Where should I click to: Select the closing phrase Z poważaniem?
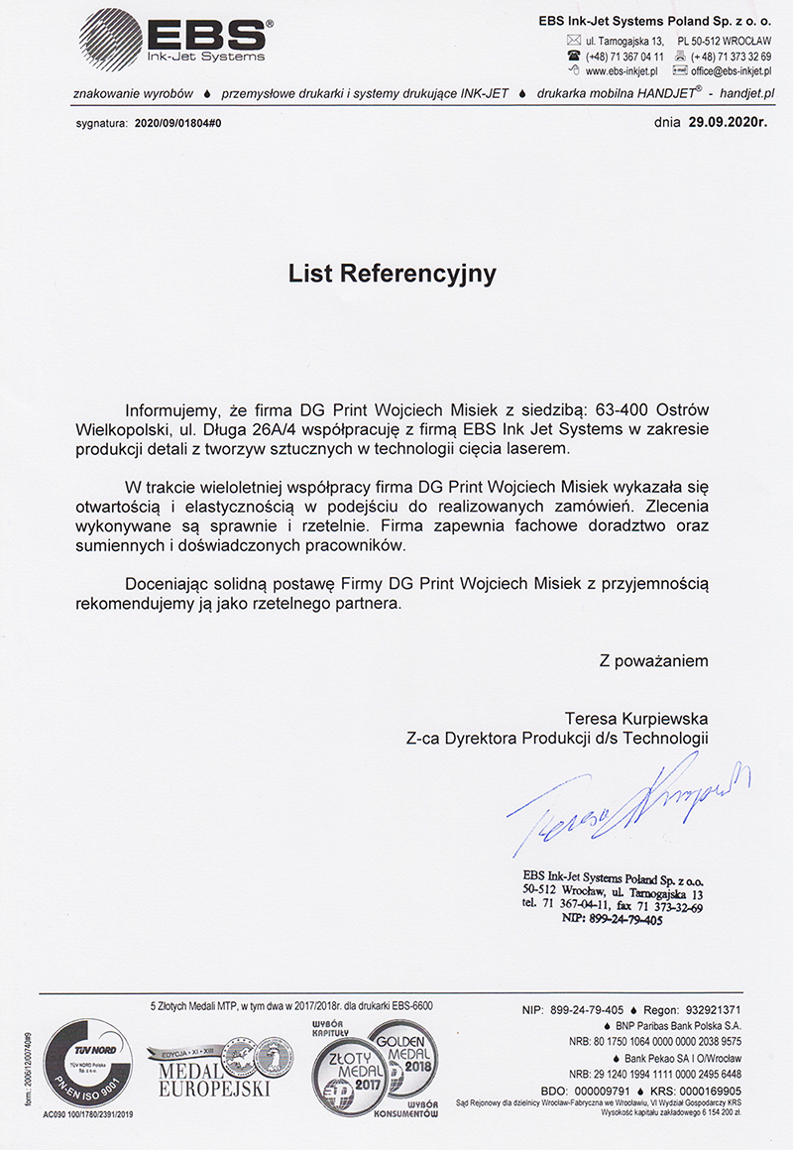tap(653, 659)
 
